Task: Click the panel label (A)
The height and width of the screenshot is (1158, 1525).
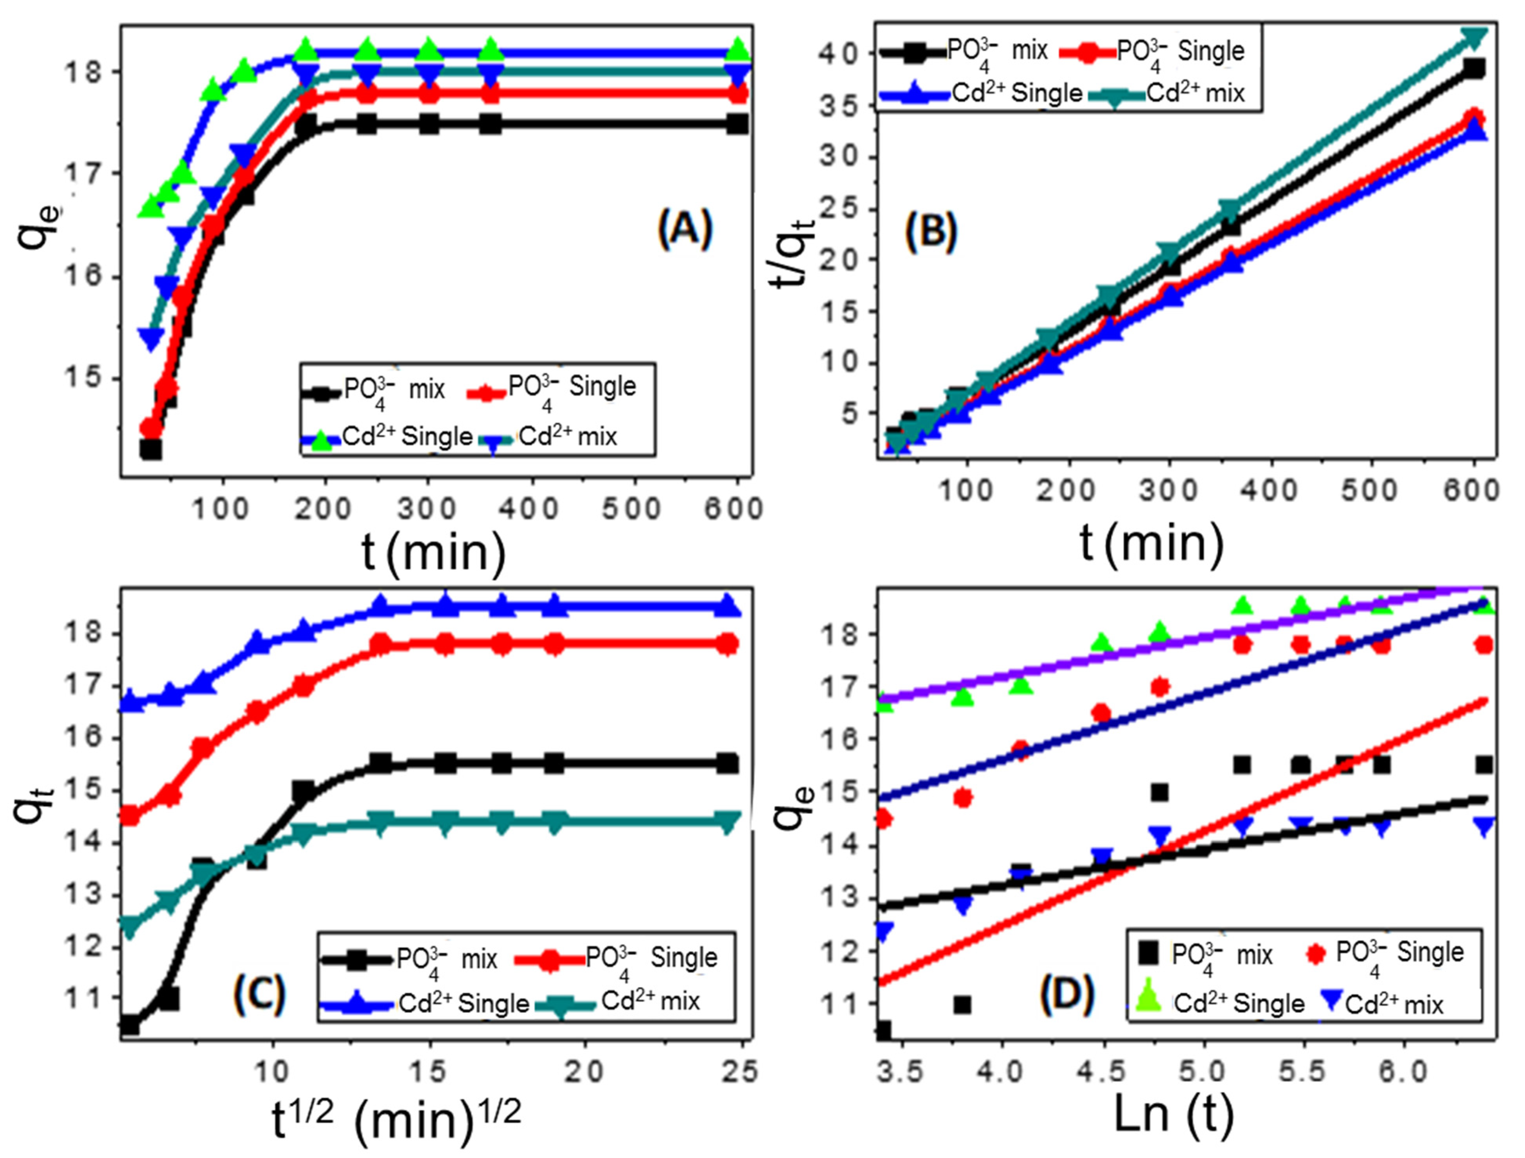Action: [684, 231]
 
